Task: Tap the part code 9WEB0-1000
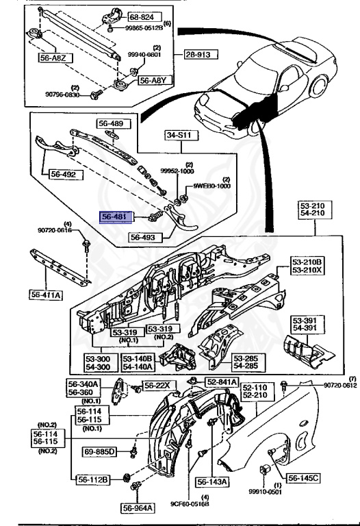click(213, 186)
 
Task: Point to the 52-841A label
click(220, 381)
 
